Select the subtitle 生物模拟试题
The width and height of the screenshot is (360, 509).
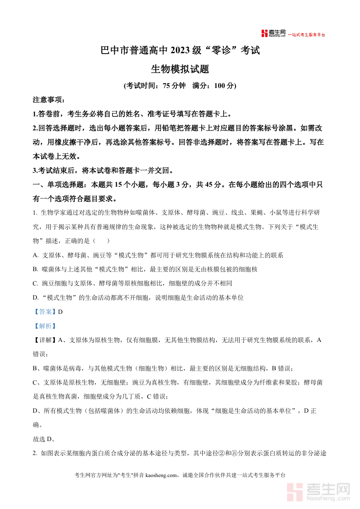[180, 69]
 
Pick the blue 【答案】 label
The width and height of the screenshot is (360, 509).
[45, 312]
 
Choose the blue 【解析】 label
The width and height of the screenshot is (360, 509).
[45, 326]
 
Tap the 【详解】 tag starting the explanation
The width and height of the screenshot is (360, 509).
[45, 340]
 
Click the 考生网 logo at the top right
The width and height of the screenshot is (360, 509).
[273, 34]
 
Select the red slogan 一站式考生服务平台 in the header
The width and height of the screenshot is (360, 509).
[307, 35]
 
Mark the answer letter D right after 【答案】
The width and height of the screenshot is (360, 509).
[60, 312]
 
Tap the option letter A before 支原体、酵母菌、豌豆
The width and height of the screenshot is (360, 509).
[35, 255]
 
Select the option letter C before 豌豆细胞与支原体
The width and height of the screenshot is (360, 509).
[35, 283]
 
